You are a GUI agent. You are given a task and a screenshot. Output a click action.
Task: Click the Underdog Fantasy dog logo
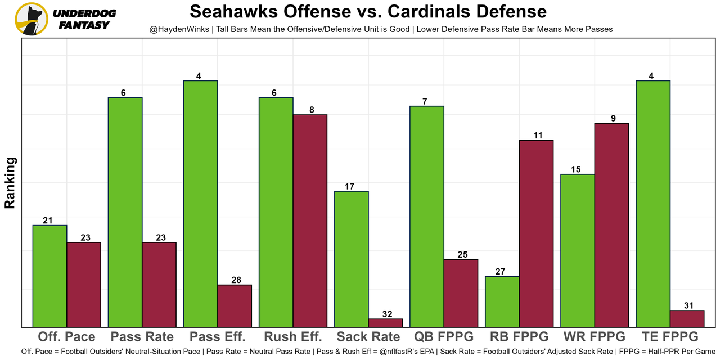pos(31,19)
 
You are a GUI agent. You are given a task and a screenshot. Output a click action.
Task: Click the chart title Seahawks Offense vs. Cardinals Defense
pos(368,12)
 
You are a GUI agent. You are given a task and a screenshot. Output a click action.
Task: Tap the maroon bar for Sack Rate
pos(385,323)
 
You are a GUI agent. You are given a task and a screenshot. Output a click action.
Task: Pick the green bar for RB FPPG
pos(502,301)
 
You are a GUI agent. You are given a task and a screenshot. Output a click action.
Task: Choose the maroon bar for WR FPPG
pos(611,225)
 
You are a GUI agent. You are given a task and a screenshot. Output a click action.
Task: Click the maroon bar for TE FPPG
pos(687,318)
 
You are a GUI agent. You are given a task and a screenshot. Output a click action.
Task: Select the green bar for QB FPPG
pos(426,217)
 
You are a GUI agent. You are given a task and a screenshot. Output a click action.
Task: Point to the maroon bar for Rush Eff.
pos(310,220)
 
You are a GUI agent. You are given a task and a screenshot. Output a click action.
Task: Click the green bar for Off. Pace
pos(49,276)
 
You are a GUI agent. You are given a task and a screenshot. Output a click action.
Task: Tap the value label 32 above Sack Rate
pos(385,314)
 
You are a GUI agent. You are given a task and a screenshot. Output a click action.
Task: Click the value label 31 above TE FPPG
pos(687,305)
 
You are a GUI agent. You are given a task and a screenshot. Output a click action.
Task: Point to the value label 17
pos(351,186)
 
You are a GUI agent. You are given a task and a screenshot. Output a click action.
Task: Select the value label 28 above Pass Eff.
pos(235,280)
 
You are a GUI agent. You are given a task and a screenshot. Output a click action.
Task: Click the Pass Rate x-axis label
pos(142,337)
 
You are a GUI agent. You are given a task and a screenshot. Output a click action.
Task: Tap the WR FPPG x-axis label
pos(594,337)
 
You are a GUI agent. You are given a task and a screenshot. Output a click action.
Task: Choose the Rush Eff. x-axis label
pos(293,337)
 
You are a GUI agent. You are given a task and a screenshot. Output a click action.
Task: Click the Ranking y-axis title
pos(10,183)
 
